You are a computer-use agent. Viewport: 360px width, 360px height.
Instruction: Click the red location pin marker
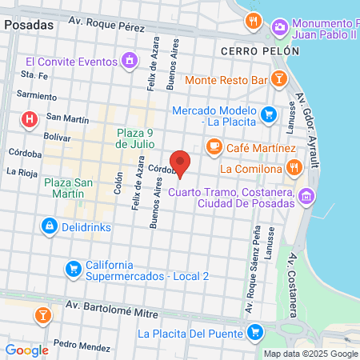pyautogui.click(x=181, y=162)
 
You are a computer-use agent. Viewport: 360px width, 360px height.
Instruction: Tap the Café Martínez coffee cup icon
pyautogui.click(x=214, y=146)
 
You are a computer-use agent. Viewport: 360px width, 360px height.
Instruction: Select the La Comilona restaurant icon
pyautogui.click(x=294, y=168)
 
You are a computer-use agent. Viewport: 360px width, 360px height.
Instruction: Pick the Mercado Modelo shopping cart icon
pyautogui.click(x=269, y=115)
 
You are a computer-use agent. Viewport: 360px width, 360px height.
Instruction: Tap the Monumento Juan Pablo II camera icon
pyautogui.click(x=280, y=28)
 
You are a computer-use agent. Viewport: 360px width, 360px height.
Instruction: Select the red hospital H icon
pyautogui.click(x=30, y=121)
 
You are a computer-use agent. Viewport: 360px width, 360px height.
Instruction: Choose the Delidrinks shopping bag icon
pyautogui.click(x=50, y=226)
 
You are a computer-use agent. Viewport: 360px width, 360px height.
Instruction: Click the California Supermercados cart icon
pyautogui.click(x=73, y=266)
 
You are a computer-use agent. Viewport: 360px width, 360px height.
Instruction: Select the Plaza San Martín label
pyautogui.click(x=69, y=189)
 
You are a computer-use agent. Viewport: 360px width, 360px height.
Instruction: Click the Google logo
pyautogui.click(x=27, y=350)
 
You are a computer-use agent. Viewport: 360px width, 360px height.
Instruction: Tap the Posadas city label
pyautogui.click(x=29, y=24)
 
